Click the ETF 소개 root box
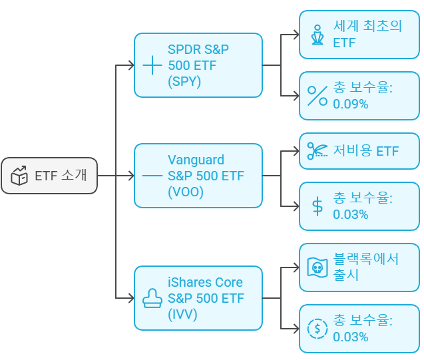(x=49, y=176)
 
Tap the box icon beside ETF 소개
(x=20, y=176)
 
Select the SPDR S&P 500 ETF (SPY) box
(x=198, y=65)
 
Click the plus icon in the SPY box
(x=152, y=65)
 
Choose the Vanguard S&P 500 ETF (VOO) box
(x=198, y=176)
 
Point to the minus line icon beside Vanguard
(x=152, y=176)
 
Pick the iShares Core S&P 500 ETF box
(x=198, y=298)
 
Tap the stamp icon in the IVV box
(x=152, y=299)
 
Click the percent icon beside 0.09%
(x=318, y=96)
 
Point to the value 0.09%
(x=351, y=104)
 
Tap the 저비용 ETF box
(x=359, y=151)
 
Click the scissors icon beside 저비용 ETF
(x=318, y=151)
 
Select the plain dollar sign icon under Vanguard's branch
(x=318, y=206)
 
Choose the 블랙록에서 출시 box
(x=359, y=267)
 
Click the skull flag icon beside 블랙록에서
(x=318, y=268)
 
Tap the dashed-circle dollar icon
(x=318, y=328)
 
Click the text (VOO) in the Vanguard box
(x=186, y=192)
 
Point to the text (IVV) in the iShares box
(x=183, y=315)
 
